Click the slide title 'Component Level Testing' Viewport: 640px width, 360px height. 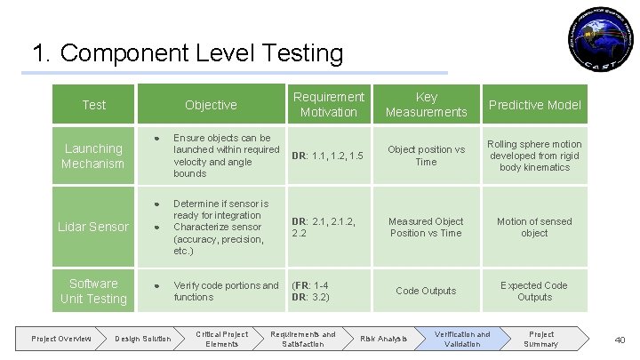pyautogui.click(x=187, y=53)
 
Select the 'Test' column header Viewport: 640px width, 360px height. pyautogui.click(x=93, y=105)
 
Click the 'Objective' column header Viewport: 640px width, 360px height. pyautogui.click(x=211, y=105)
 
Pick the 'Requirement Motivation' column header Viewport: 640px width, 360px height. pyautogui.click(x=328, y=104)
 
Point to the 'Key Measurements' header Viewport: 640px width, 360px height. pyautogui.click(x=426, y=104)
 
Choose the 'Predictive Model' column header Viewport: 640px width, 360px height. pyautogui.click(x=534, y=105)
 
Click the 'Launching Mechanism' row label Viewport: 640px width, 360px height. pyautogui.click(x=92, y=156)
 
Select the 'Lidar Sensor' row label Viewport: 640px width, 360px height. pyautogui.click(x=93, y=227)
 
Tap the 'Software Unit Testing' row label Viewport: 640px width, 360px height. pyautogui.click(x=93, y=291)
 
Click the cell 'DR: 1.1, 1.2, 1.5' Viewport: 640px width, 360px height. pyautogui.click(x=327, y=156)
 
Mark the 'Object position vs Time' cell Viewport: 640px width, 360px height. pyautogui.click(x=426, y=156)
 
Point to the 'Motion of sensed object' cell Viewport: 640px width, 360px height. pyautogui.click(x=534, y=227)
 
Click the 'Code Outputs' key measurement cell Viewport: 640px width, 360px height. pyautogui.click(x=426, y=291)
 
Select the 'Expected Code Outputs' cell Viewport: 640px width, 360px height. pyautogui.click(x=534, y=291)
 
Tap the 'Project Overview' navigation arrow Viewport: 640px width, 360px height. pyautogui.click(x=61, y=339)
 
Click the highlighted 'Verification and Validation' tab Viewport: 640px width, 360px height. pyautogui.click(x=461, y=339)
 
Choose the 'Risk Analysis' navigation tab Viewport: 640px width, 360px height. pyautogui.click(x=384, y=339)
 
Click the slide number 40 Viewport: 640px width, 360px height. pyautogui.click(x=620, y=340)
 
